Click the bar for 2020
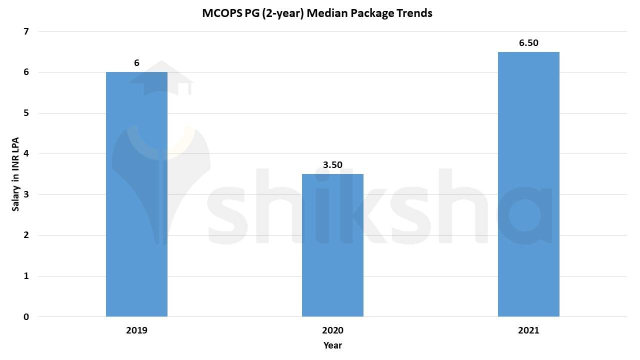(332, 245)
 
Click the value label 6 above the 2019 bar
(136, 63)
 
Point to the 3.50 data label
(332, 165)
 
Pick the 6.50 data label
(528, 43)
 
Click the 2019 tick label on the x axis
(136, 330)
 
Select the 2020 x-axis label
(332, 330)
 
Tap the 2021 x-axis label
(528, 330)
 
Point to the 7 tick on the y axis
(26, 31)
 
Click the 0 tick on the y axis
(26, 317)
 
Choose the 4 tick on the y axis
(26, 154)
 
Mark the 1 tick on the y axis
(26, 276)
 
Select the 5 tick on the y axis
(26, 113)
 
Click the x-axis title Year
(332, 345)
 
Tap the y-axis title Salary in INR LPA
(16, 174)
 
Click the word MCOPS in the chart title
(221, 13)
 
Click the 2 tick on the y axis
(26, 235)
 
